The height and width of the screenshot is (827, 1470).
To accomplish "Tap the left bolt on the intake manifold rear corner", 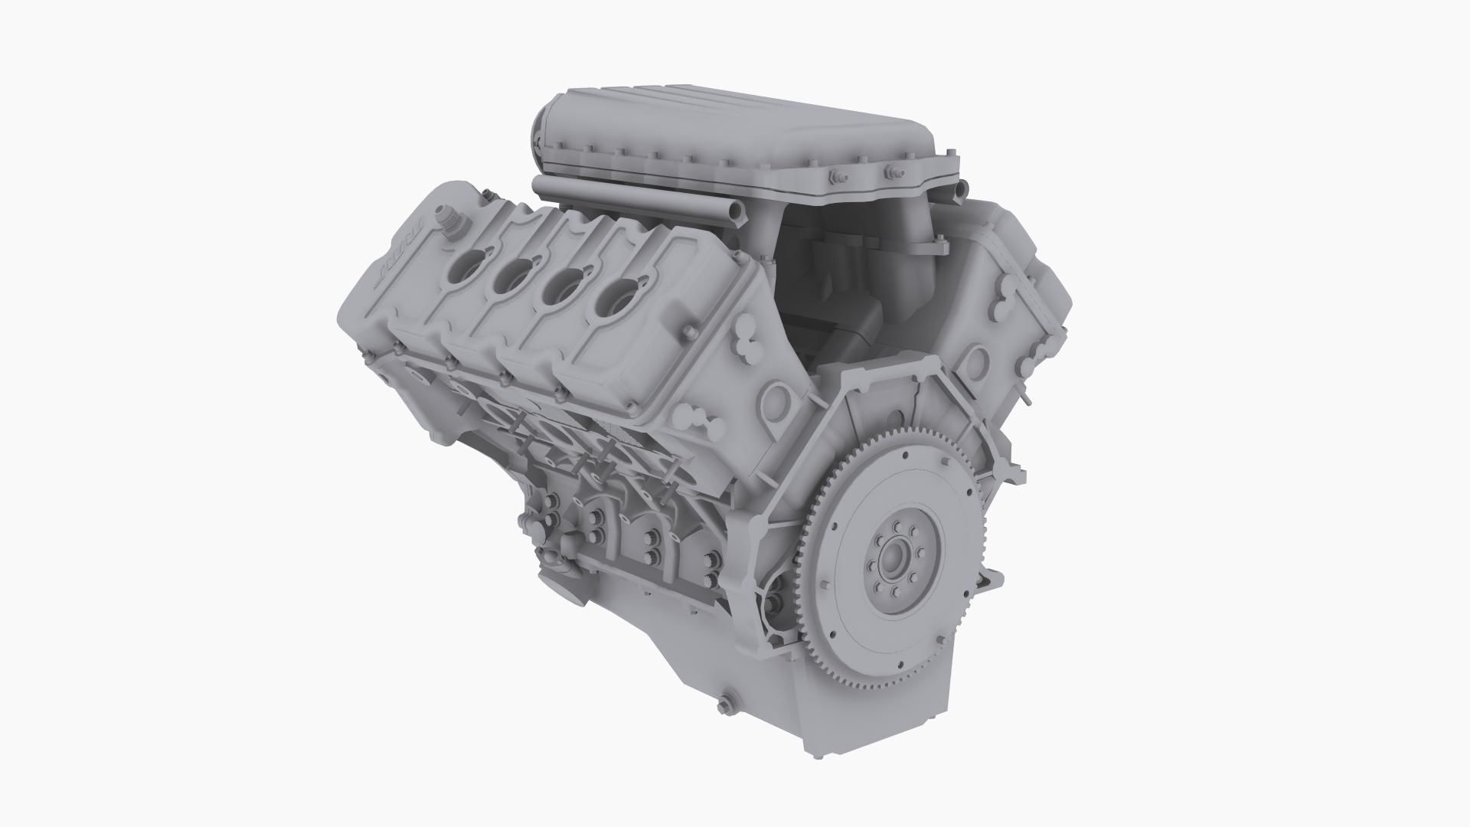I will (x=835, y=178).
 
